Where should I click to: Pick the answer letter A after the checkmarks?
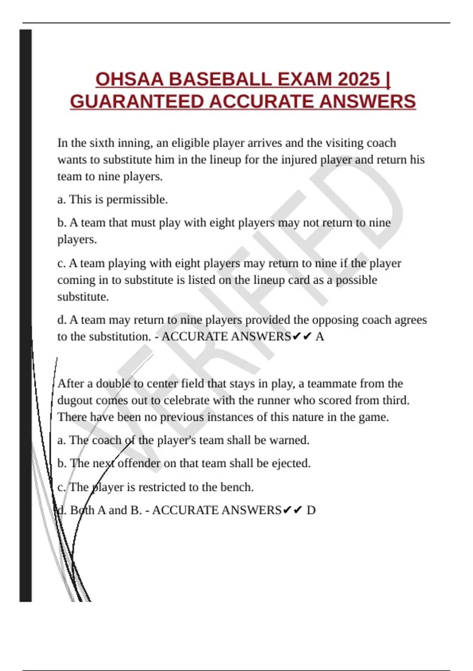320,337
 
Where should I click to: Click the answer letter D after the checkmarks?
311,510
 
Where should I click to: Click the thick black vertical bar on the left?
26,316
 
